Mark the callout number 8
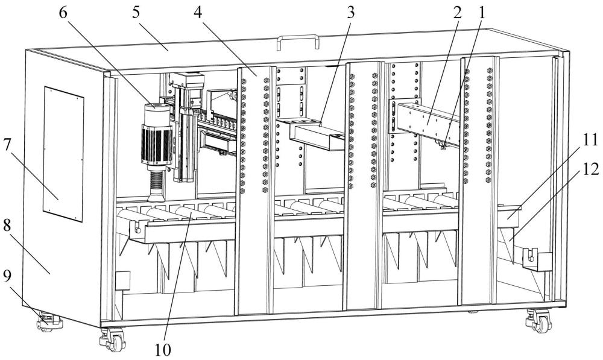[7, 226]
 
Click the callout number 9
[7, 276]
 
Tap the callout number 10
[163, 350]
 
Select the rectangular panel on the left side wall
[63, 154]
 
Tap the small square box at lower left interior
[123, 280]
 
